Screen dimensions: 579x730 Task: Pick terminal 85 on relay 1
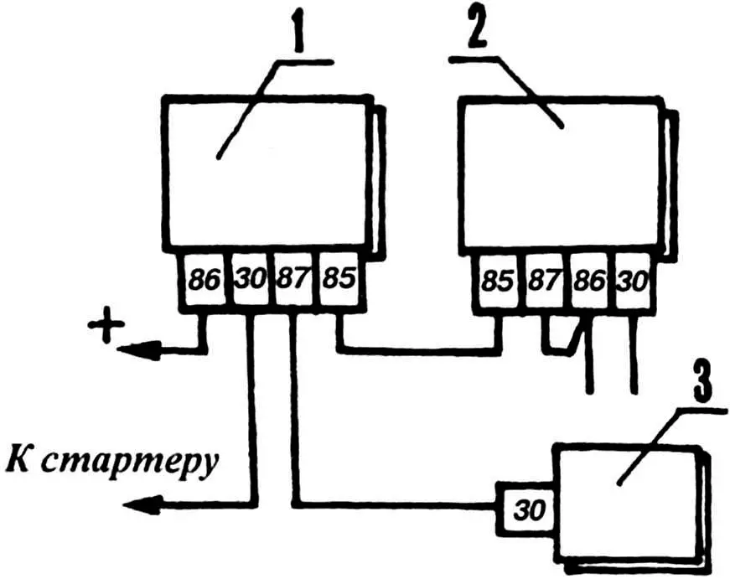[x=337, y=279]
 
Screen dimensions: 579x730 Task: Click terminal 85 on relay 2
[x=496, y=282]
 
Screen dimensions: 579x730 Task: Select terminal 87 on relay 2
[x=543, y=282]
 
